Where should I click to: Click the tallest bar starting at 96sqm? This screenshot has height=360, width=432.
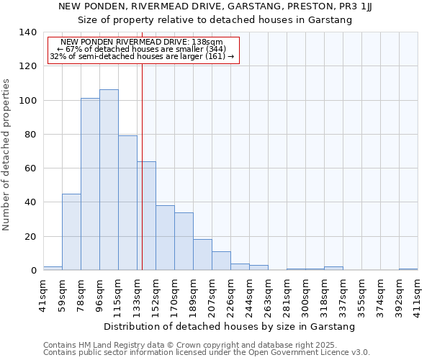[109, 180]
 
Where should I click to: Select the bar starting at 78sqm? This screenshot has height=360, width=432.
[90, 184]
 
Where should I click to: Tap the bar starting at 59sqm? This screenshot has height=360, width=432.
[71, 232]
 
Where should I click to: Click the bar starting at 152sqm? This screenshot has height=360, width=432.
[165, 238]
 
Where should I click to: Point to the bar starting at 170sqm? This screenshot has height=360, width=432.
[184, 241]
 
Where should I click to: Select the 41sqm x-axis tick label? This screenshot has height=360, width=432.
[43, 294]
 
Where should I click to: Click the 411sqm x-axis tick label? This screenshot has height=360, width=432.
[418, 296]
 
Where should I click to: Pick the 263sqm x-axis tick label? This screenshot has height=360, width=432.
[268, 296]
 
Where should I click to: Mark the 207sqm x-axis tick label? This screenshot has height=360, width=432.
[212, 296]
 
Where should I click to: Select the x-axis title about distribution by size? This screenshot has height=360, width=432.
[230, 327]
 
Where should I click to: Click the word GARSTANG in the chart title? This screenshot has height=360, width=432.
[246, 6]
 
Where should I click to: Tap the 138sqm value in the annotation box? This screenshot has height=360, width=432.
[210, 42]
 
